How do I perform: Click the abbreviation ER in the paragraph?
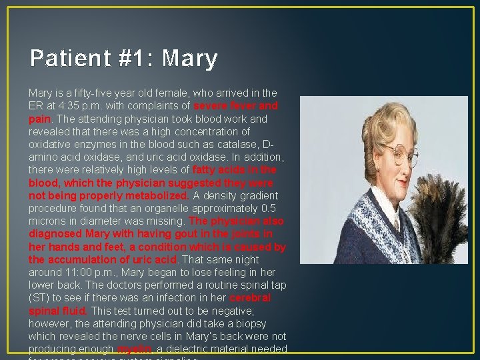click(36, 106)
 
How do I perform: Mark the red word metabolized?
click(158, 196)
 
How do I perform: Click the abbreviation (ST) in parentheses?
click(38, 298)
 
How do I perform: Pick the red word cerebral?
click(250, 298)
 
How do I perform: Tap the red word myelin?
click(135, 349)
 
